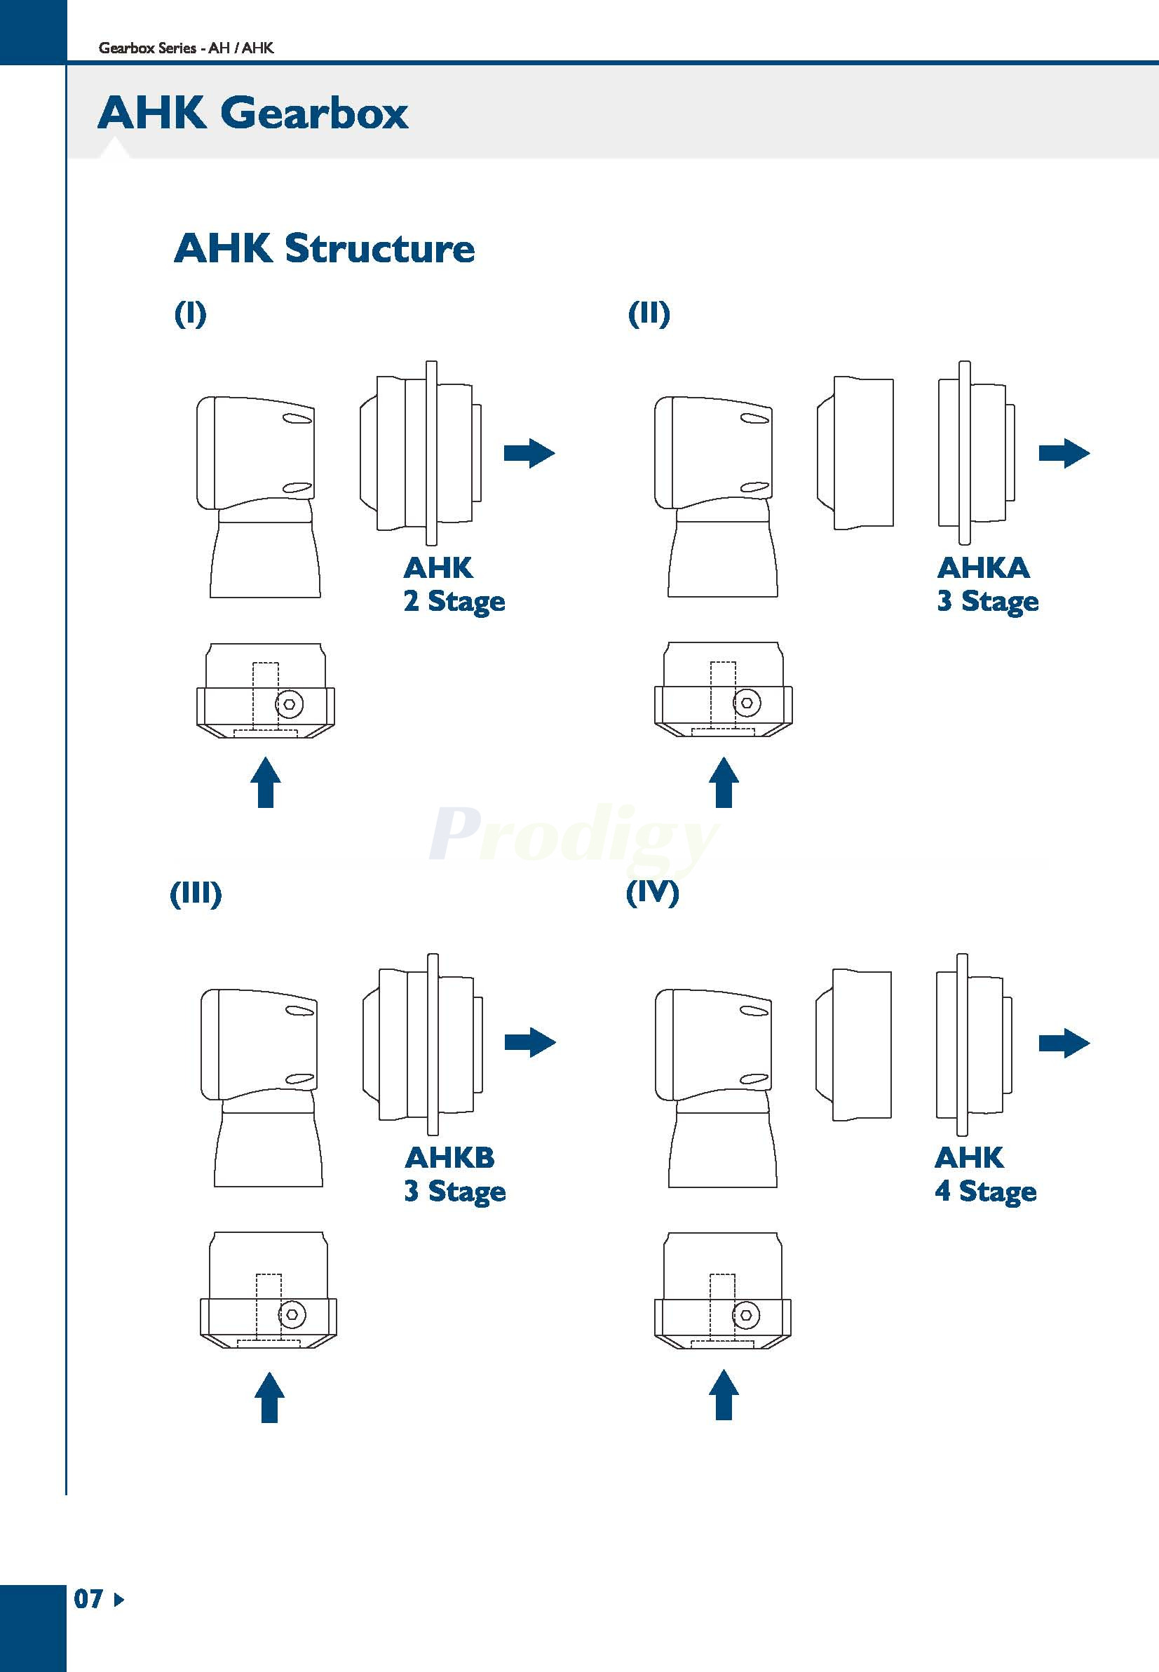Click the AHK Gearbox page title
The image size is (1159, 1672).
252,114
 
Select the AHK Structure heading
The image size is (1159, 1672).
324,248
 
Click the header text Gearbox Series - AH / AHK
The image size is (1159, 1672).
186,48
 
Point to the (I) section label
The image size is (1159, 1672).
190,313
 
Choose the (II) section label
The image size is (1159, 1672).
649,313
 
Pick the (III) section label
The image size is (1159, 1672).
196,894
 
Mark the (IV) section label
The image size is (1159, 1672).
652,892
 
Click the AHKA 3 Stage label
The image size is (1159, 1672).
987,585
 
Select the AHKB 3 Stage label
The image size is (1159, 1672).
454,1175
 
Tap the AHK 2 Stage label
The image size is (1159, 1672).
453,585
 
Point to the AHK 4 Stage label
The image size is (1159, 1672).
984,1175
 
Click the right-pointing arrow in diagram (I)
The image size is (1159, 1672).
529,453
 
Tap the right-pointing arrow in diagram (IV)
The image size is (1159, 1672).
1064,1043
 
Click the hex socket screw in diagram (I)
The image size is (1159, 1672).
290,704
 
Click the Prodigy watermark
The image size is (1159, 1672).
574,836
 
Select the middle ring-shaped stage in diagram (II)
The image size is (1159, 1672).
855,452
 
